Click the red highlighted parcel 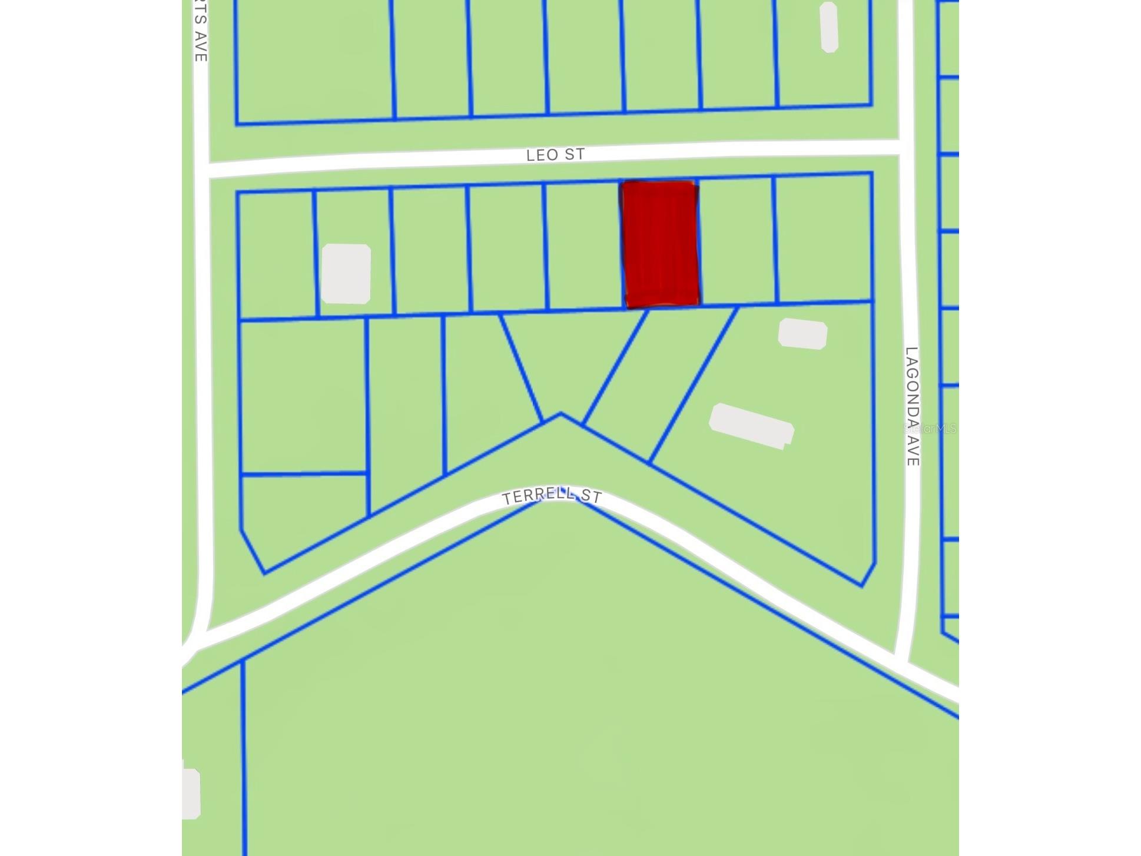click(x=660, y=244)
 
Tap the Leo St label click(x=555, y=155)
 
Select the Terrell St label click(x=552, y=496)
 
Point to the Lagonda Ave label click(x=912, y=406)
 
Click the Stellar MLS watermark click(x=930, y=429)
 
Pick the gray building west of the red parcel click(x=346, y=274)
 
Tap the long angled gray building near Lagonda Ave click(x=751, y=426)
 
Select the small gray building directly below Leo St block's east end click(x=802, y=334)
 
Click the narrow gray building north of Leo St click(x=829, y=27)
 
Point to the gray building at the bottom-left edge click(x=191, y=794)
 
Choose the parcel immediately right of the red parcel click(x=737, y=241)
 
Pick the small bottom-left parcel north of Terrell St click(x=294, y=512)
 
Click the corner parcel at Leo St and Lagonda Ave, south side click(x=824, y=238)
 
